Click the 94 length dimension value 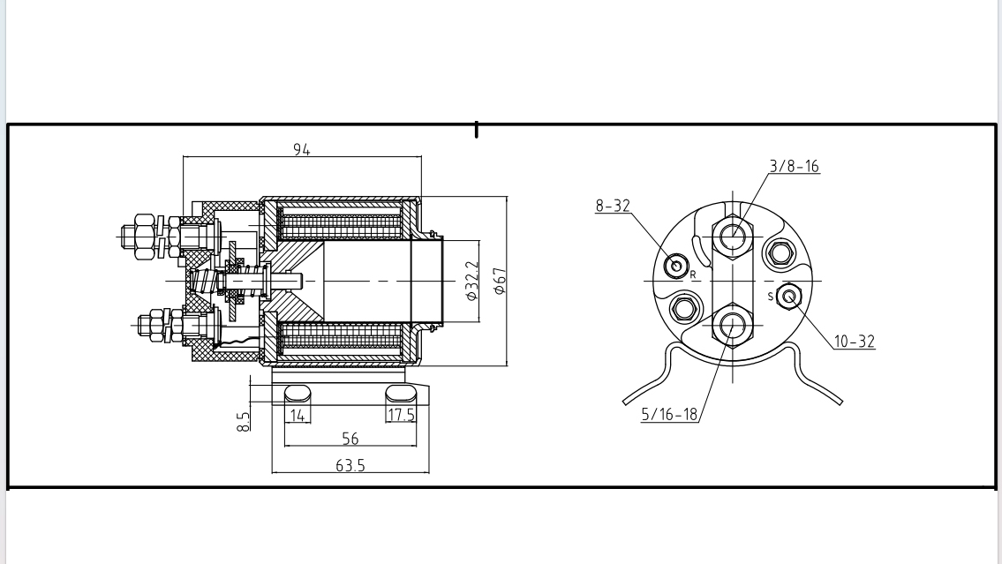point(302,150)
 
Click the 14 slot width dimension point(297,416)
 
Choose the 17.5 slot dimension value point(402,416)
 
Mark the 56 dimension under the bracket point(350,439)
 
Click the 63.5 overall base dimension point(350,465)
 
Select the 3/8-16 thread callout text point(793,166)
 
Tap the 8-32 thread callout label point(613,206)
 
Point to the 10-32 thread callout point(854,342)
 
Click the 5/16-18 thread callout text point(668,415)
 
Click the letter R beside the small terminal point(693,275)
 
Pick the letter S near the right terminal point(770,297)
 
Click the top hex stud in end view point(732,236)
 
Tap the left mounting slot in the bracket point(298,393)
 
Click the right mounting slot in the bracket point(401,393)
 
